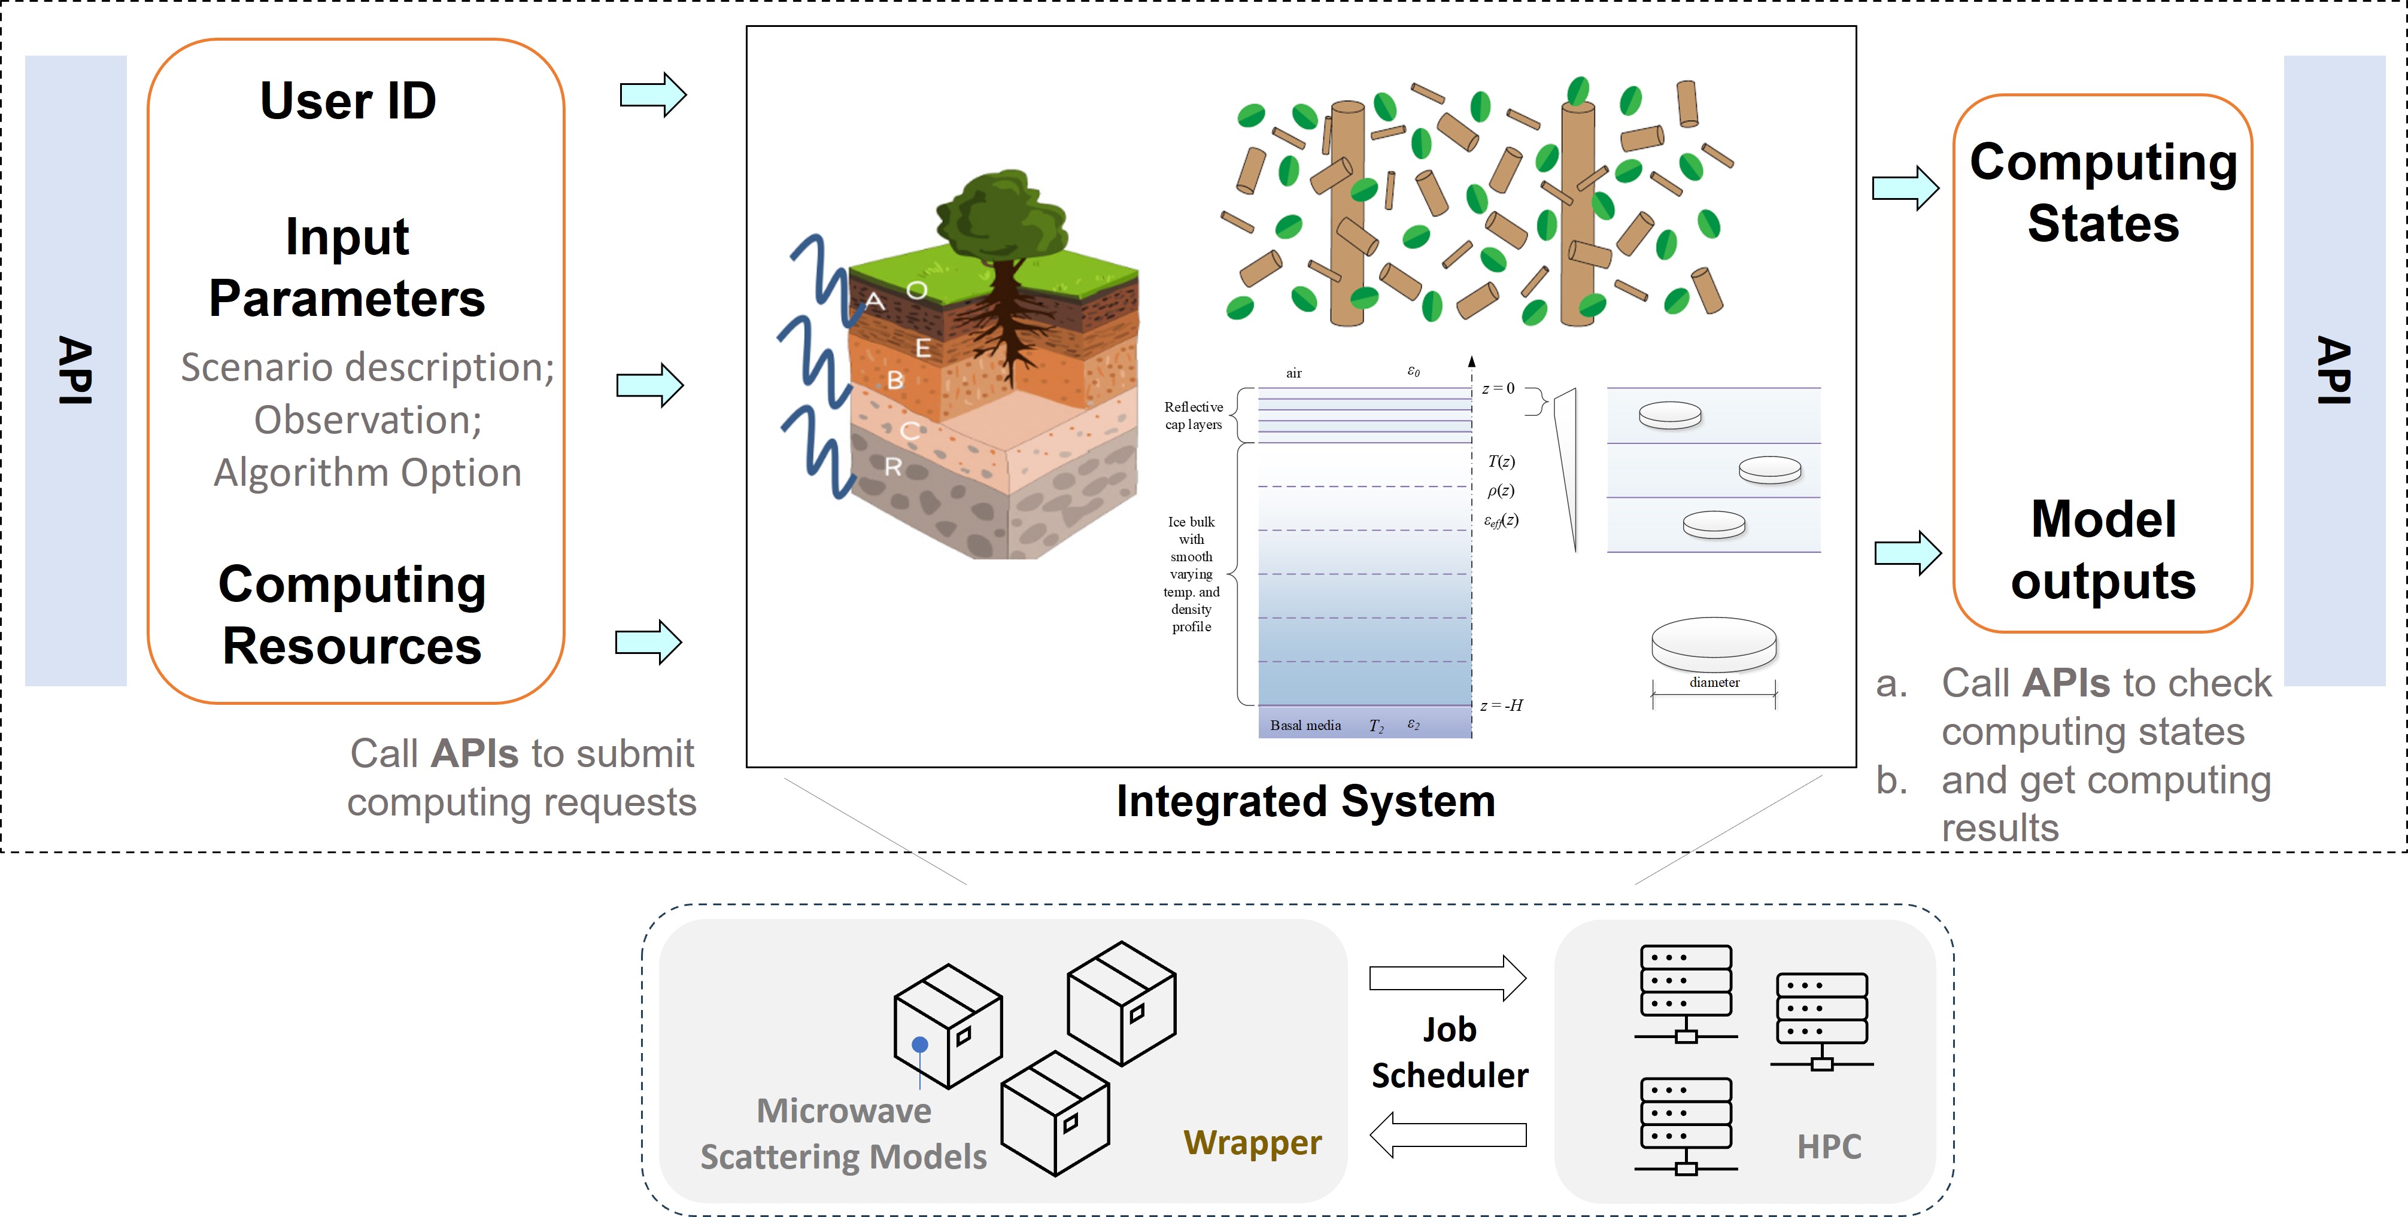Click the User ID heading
(x=348, y=101)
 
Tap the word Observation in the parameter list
(x=368, y=419)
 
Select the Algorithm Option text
(x=368, y=472)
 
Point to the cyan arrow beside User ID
(x=652, y=95)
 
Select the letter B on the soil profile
(x=895, y=379)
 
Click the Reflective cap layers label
(x=1193, y=415)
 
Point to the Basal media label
(x=1305, y=725)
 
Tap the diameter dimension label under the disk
(x=1714, y=682)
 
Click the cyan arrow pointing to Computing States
(x=1905, y=188)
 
